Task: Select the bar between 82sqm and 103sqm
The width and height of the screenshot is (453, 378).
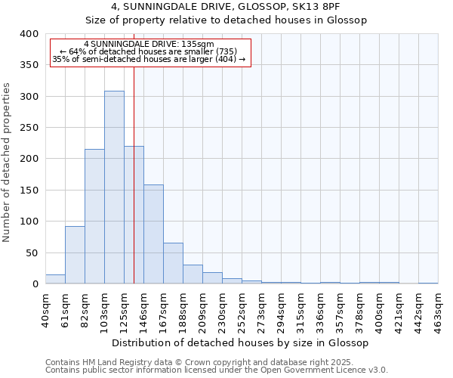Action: tap(94, 216)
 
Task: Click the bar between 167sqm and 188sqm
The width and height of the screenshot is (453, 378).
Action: tap(173, 263)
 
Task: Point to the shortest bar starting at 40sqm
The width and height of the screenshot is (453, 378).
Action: tap(55, 279)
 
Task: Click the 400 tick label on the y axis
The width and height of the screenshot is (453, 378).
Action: tap(29, 34)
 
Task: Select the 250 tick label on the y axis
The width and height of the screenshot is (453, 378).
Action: tap(29, 128)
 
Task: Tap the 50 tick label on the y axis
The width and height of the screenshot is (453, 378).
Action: tap(32, 253)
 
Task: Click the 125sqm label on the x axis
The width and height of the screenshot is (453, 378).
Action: tap(124, 310)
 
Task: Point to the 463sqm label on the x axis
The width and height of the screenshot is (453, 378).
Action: tap(438, 310)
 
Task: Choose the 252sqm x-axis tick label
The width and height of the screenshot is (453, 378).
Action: tap(242, 310)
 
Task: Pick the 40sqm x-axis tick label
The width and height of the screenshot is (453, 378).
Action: tap(45, 310)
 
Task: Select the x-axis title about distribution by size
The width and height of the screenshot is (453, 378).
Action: tap(241, 343)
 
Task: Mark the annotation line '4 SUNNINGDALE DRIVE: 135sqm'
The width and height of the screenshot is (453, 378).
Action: tap(149, 44)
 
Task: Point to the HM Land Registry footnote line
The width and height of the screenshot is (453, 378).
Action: tap(199, 363)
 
